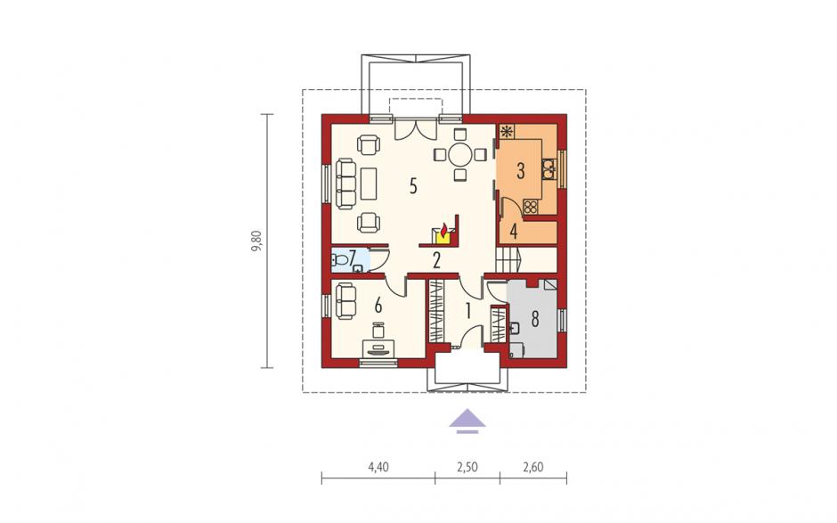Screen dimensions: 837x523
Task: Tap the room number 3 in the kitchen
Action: point(521,170)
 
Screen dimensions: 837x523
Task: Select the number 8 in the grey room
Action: point(534,318)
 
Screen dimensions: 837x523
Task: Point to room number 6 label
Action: point(378,306)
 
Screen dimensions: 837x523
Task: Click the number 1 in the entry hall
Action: point(468,311)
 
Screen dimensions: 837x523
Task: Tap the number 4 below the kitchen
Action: point(514,232)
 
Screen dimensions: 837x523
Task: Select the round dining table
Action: point(459,155)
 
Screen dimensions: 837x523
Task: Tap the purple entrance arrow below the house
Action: point(467,421)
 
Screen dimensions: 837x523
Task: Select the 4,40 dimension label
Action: point(378,467)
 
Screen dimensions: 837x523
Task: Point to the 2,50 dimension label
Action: point(467,467)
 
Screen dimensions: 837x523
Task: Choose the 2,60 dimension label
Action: point(533,467)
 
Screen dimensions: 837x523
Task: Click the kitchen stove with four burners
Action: point(530,206)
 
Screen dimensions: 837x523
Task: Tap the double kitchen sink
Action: point(549,168)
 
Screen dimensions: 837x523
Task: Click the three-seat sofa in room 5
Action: point(345,184)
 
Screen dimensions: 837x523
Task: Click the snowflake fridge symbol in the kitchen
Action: point(506,131)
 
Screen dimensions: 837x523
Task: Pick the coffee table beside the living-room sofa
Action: point(369,184)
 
